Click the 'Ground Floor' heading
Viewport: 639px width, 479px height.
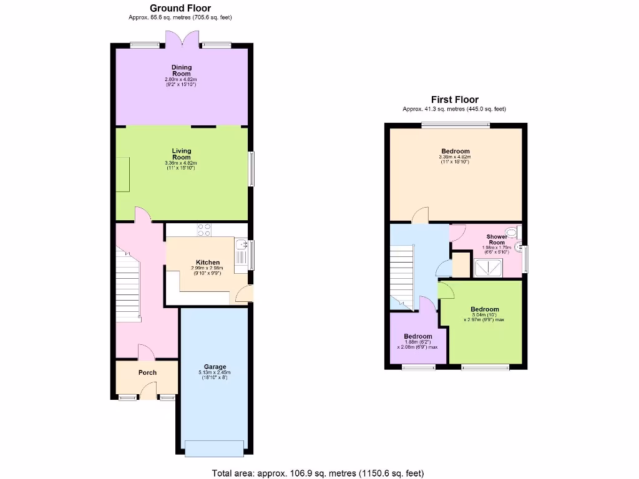180,8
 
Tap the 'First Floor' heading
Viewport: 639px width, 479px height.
454,100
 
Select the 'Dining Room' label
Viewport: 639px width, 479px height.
182,70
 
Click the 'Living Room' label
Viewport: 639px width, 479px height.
182,154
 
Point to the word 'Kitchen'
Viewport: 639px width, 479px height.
207,263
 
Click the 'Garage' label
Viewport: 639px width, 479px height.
215,367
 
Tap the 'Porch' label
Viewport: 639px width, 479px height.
147,373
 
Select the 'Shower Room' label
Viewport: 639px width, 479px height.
497,239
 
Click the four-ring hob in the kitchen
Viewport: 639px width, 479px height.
205,230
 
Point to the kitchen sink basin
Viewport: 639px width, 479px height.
241,253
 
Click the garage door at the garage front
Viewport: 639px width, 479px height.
215,448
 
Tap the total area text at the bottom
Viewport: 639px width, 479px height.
319,473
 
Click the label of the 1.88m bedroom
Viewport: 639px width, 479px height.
418,337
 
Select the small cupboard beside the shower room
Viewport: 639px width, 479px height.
461,264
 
